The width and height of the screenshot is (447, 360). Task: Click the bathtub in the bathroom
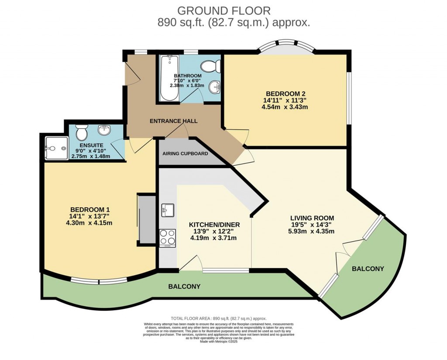click(x=167, y=79)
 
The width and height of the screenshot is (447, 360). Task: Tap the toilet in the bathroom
click(x=209, y=66)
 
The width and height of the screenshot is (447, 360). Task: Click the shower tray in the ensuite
click(x=56, y=148)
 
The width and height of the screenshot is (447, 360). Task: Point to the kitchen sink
click(x=167, y=210)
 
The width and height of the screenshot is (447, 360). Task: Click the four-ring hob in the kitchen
click(x=167, y=238)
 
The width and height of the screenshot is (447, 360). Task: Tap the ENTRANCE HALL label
click(x=174, y=121)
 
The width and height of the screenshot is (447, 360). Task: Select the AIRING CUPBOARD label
click(x=185, y=154)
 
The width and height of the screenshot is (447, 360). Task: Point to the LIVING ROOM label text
click(x=312, y=218)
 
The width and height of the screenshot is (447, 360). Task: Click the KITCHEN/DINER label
click(x=214, y=225)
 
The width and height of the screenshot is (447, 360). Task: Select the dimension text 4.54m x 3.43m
click(x=285, y=107)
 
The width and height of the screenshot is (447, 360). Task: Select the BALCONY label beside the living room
click(x=368, y=269)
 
